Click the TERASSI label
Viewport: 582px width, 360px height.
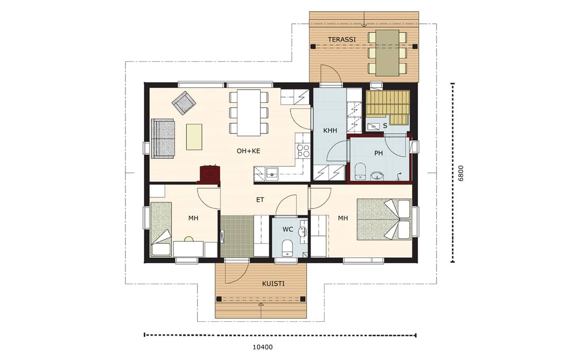point(341,39)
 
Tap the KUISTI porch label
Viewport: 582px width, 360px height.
point(273,284)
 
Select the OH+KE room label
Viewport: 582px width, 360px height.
point(248,151)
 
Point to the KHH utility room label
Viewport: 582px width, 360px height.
point(330,130)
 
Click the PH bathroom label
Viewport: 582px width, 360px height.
point(378,153)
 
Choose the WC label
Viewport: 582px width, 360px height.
point(288,230)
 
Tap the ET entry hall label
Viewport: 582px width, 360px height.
point(260,200)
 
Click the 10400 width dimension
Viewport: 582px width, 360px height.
point(262,347)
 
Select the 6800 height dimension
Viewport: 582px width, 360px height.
point(461,173)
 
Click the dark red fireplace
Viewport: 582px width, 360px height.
point(210,175)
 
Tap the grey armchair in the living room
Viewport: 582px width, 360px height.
point(184,103)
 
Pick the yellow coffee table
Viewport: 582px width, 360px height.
point(194,137)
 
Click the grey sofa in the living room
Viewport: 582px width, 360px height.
point(162,139)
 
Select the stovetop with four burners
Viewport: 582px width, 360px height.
point(303,150)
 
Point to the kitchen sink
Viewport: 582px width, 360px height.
point(272,174)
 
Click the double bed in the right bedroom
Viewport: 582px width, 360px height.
point(384,219)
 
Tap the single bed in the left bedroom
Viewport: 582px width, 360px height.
point(161,229)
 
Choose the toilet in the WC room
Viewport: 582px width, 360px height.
point(287,248)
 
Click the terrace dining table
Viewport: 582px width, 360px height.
point(387,53)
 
